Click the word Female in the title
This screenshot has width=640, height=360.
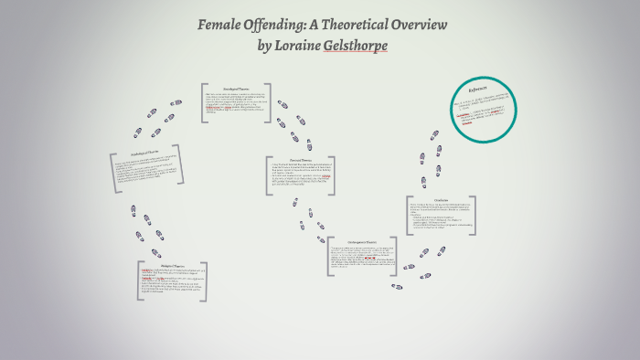tap(221, 25)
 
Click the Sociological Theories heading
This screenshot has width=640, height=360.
tap(236, 88)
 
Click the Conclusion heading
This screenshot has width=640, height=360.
tap(442, 199)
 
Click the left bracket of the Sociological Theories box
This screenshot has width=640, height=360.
tap(203, 103)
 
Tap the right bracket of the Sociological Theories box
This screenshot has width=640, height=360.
tap(271, 103)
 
